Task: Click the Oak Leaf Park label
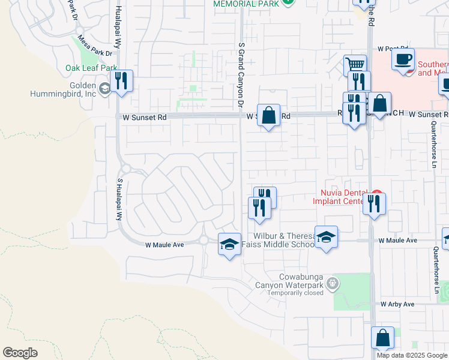(x=91, y=68)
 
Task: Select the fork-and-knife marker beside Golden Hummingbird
(x=122, y=82)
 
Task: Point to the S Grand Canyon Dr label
(x=241, y=75)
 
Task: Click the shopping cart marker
(x=355, y=65)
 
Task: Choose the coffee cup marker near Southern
(x=403, y=60)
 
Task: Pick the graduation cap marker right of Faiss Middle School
(x=326, y=238)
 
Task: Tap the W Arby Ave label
(x=397, y=305)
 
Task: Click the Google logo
(x=20, y=353)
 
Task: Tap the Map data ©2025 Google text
(x=412, y=355)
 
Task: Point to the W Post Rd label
(x=393, y=49)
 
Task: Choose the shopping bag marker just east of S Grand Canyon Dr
(x=269, y=115)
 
